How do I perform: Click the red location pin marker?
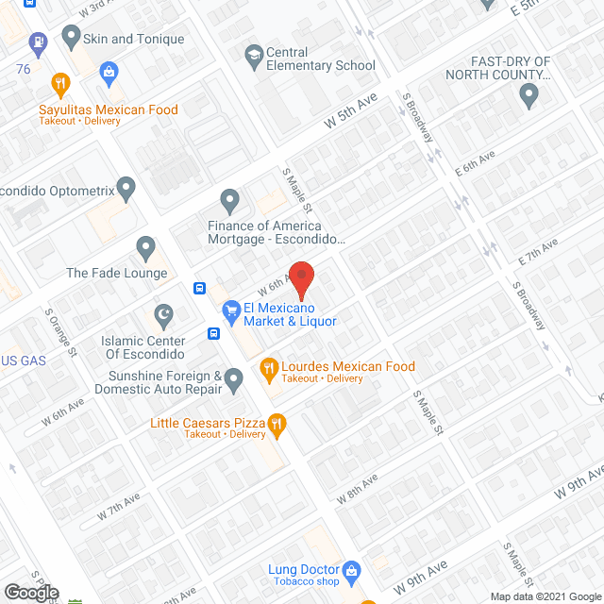(x=301, y=279)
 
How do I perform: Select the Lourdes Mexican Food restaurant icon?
(x=268, y=367)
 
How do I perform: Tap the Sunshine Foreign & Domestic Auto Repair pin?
(x=234, y=379)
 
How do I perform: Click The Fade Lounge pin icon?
(x=145, y=248)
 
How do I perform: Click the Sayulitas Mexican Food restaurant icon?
(x=60, y=83)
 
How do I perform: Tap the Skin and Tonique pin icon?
(x=70, y=37)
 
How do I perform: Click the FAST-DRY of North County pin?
(x=528, y=93)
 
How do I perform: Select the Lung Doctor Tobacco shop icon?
(x=352, y=570)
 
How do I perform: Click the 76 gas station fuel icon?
(x=37, y=42)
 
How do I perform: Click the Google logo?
(x=31, y=592)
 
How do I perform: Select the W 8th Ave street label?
(x=356, y=486)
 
